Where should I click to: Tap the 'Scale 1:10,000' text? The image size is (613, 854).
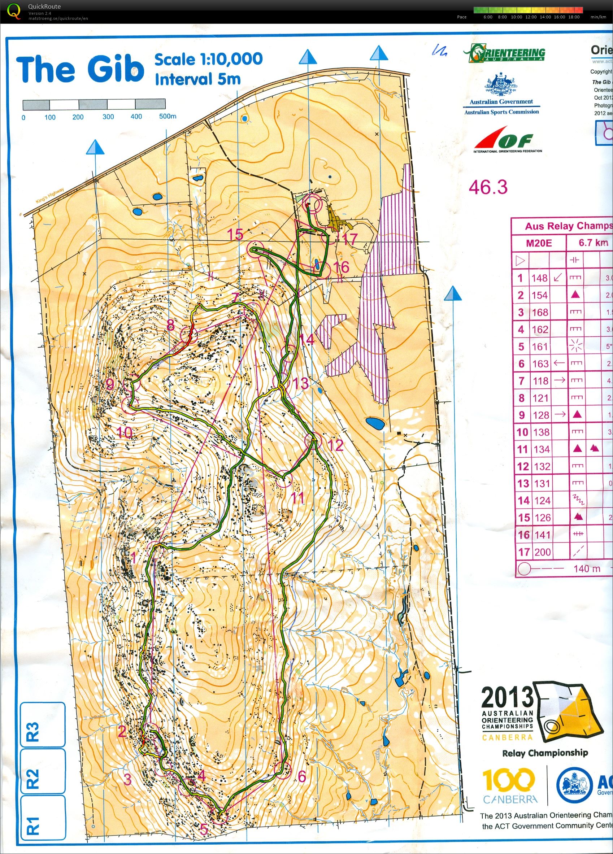coord(208,59)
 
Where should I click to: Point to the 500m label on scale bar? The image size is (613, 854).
coord(168,116)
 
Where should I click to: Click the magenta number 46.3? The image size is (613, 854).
coord(488,187)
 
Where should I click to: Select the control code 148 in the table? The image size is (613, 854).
coord(539,278)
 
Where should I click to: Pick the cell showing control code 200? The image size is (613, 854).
coord(542,552)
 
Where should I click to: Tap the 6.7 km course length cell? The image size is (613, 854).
coord(593,243)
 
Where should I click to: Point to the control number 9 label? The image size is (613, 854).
coord(110,384)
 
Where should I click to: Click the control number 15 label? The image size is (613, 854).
coord(235,235)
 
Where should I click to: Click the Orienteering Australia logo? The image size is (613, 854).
coord(505,53)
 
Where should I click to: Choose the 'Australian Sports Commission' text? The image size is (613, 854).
coord(501,112)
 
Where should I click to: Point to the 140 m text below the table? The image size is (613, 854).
coord(587,568)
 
